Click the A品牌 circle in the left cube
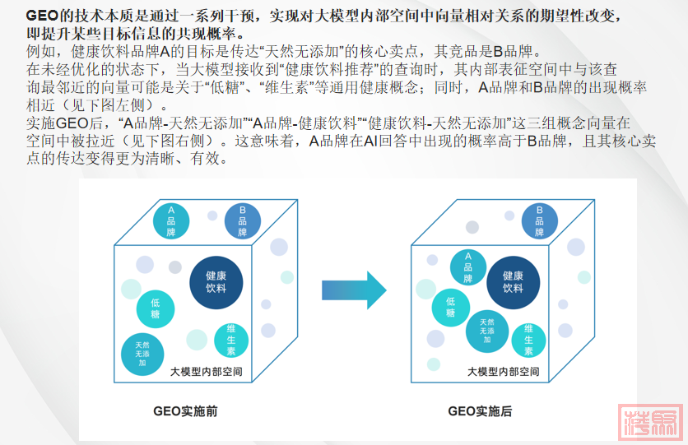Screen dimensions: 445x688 [x=171, y=220]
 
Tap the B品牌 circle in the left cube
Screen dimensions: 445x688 [x=242, y=220]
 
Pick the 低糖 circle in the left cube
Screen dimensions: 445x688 [x=156, y=309]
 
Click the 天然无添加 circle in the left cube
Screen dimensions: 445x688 [x=142, y=352]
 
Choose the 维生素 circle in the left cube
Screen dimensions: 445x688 [x=231, y=339]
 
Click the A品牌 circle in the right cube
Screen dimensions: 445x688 [x=467, y=267]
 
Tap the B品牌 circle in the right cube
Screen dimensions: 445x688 [x=540, y=220]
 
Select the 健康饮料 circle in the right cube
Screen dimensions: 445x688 [x=513, y=282]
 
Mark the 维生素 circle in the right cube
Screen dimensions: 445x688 [x=528, y=339]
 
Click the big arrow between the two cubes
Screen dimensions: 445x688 [x=354, y=290]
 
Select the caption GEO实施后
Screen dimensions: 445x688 [x=480, y=410]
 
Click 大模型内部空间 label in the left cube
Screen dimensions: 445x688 [x=206, y=372]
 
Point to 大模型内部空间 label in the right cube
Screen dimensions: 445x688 [x=503, y=372]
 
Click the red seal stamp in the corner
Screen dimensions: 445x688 [x=649, y=423]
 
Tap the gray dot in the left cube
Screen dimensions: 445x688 [x=175, y=267]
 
